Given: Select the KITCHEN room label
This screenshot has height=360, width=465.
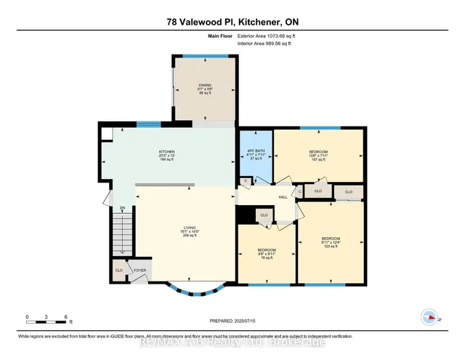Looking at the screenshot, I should click(x=167, y=155).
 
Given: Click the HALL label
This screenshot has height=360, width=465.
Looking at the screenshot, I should click(x=284, y=196).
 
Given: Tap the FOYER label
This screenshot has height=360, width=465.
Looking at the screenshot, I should click(x=139, y=271).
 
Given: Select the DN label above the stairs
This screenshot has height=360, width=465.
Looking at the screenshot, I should click(x=123, y=209).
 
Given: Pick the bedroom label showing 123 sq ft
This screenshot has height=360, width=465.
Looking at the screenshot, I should click(x=331, y=242).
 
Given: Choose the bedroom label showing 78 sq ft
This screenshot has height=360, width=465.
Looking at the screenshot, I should click(x=267, y=254).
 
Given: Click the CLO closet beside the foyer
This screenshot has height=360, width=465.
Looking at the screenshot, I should click(x=118, y=271).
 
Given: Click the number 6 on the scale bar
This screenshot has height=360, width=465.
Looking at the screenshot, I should click(x=66, y=317).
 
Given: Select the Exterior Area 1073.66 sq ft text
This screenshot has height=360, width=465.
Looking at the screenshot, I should click(x=268, y=35).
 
